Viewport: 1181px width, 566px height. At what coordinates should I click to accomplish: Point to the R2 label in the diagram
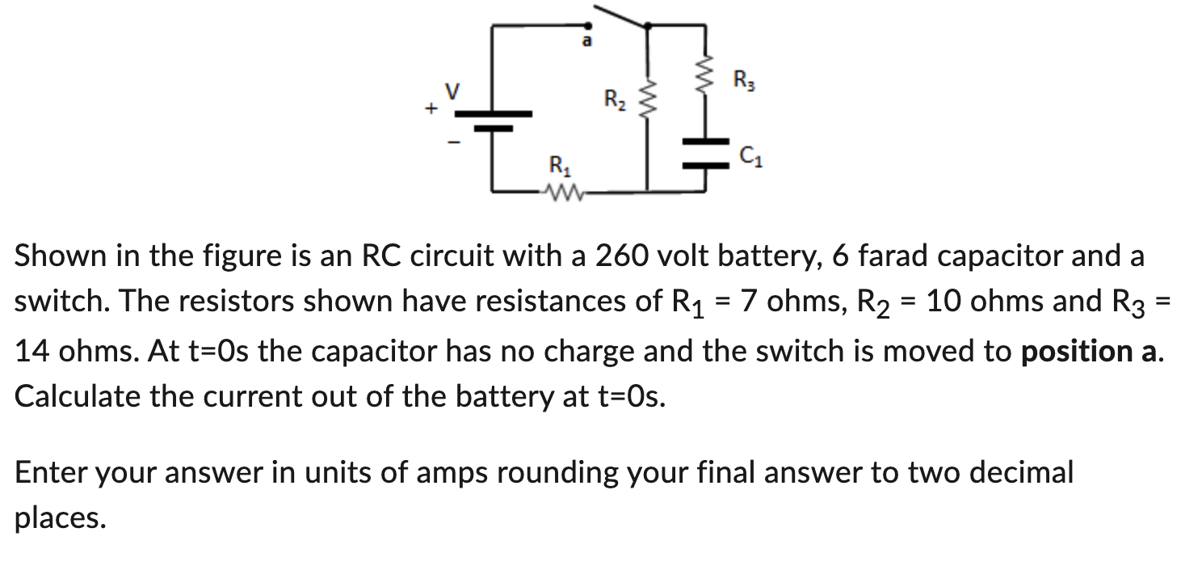click(615, 101)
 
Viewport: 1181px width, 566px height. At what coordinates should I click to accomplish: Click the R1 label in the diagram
click(558, 168)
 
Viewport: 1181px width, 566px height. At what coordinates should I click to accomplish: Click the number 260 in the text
click(622, 256)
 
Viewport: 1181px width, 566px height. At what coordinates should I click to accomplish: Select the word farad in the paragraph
click(893, 256)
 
